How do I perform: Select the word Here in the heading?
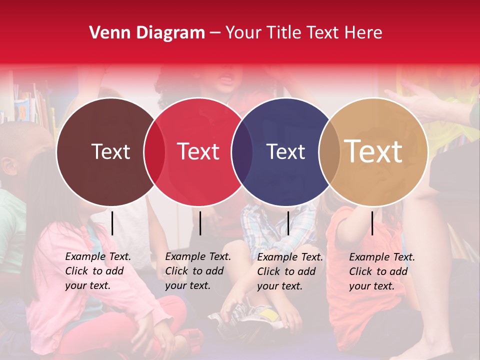coord(363,33)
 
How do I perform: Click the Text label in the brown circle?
coord(110,151)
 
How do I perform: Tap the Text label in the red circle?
coord(198,151)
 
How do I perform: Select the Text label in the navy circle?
coord(286,151)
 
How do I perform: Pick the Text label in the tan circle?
coord(373,151)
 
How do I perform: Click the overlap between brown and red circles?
coord(154,151)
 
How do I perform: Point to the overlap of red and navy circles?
coord(242,151)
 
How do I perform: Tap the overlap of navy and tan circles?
coord(329,151)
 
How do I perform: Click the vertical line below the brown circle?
coord(112,223)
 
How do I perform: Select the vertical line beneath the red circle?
coord(200,223)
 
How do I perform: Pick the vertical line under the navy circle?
coord(288,223)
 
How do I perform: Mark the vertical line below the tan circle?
coord(372,223)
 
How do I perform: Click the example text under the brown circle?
coord(97,271)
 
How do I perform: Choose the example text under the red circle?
coord(197,271)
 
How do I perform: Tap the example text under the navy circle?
coord(289,271)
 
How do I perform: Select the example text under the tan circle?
coord(381,271)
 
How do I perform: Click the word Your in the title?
coord(243,33)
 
